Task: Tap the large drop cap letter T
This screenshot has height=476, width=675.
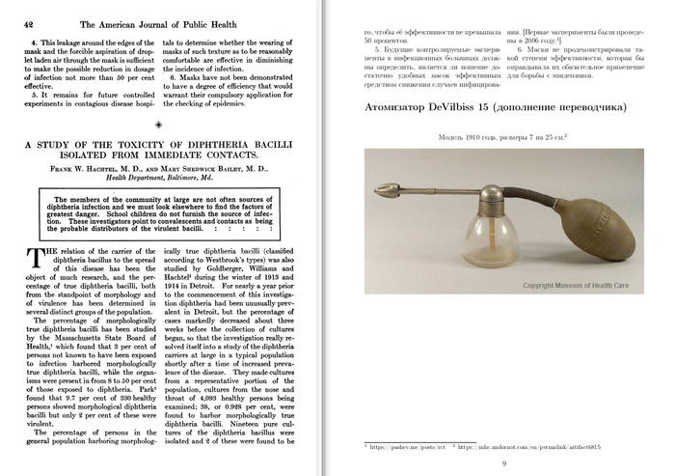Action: (34, 259)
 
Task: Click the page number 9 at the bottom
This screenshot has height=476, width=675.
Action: (504, 462)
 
